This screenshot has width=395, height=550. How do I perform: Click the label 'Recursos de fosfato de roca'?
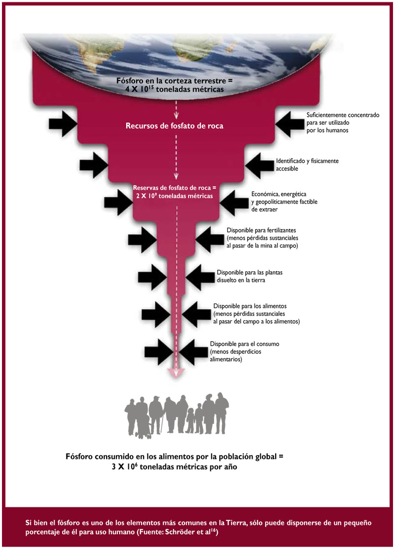click(174, 126)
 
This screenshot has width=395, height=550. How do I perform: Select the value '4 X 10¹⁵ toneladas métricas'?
click(174, 89)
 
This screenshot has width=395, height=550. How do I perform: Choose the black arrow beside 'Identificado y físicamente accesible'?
click(259, 165)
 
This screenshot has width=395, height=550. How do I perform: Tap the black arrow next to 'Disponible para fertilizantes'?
click(210, 239)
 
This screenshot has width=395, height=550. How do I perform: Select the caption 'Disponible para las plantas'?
click(250, 273)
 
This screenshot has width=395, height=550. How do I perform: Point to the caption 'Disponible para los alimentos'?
click(250, 306)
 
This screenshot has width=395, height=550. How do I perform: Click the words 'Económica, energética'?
click(279, 194)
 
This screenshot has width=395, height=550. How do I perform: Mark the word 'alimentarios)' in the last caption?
click(226, 359)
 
